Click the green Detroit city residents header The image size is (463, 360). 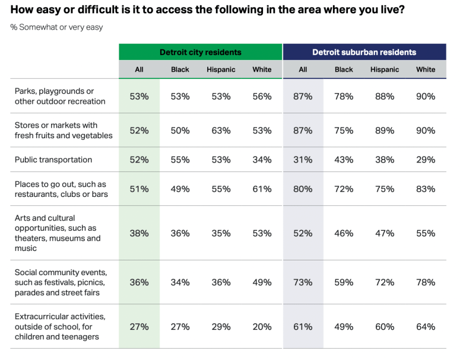tap(200, 52)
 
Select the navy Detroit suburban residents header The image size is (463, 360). tap(364, 52)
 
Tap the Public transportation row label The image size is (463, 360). tap(53, 160)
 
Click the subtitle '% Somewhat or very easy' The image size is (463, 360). tap(56, 27)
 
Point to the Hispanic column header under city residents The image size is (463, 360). tap(221, 69)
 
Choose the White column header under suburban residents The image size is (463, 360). tap(426, 69)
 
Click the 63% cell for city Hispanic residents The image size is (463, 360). tap(221, 130)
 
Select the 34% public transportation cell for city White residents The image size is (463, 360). tap(262, 160)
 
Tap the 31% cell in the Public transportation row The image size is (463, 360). tap(303, 160)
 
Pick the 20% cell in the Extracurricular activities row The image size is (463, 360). tap(262, 327)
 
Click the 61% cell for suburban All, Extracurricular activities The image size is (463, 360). tap(303, 327)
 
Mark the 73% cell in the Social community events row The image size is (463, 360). tap(303, 282)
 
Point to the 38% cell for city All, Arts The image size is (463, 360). tap(139, 233)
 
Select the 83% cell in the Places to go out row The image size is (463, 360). tap(426, 189)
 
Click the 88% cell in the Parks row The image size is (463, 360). tap(385, 96)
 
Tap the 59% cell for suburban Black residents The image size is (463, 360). tap(344, 282)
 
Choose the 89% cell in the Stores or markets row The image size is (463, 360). tap(385, 130)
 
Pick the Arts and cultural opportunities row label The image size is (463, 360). tap(57, 233)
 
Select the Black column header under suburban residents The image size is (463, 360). tap(344, 69)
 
